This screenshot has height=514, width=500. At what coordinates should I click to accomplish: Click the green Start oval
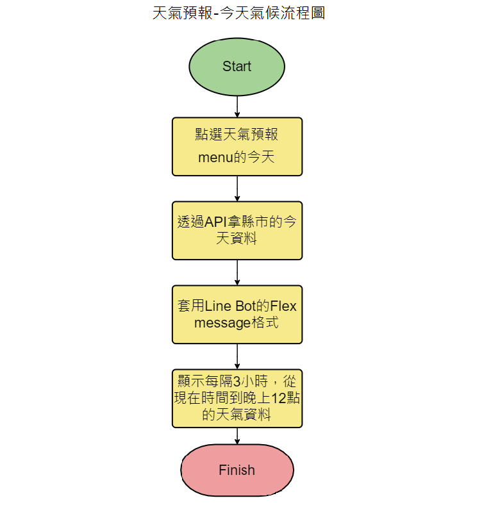pyautogui.click(x=237, y=67)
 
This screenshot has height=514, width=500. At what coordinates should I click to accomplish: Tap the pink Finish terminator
pyautogui.click(x=237, y=470)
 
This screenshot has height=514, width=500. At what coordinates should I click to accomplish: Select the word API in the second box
pyautogui.click(x=218, y=222)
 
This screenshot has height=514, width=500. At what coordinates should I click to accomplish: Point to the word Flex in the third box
pyautogui.click(x=283, y=306)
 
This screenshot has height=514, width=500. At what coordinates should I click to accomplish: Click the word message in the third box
pyautogui.click(x=221, y=323)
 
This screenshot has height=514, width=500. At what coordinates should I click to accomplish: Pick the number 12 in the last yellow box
pyautogui.click(x=278, y=398)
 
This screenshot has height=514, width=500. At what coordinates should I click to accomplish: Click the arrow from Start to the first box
pyautogui.click(x=237, y=106)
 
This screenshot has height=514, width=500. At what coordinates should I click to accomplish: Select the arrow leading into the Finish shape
pyautogui.click(x=237, y=436)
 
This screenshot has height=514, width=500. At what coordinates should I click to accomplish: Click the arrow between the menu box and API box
pyautogui.click(x=237, y=188)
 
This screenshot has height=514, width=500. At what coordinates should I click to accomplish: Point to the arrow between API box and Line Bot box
pyautogui.click(x=237, y=272)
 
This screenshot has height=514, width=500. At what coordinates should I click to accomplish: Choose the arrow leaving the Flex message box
pyautogui.click(x=237, y=356)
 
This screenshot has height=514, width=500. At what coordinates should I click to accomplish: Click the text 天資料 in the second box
pyautogui.click(x=237, y=240)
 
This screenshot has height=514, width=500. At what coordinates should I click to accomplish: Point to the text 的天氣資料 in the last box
pyautogui.click(x=237, y=415)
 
